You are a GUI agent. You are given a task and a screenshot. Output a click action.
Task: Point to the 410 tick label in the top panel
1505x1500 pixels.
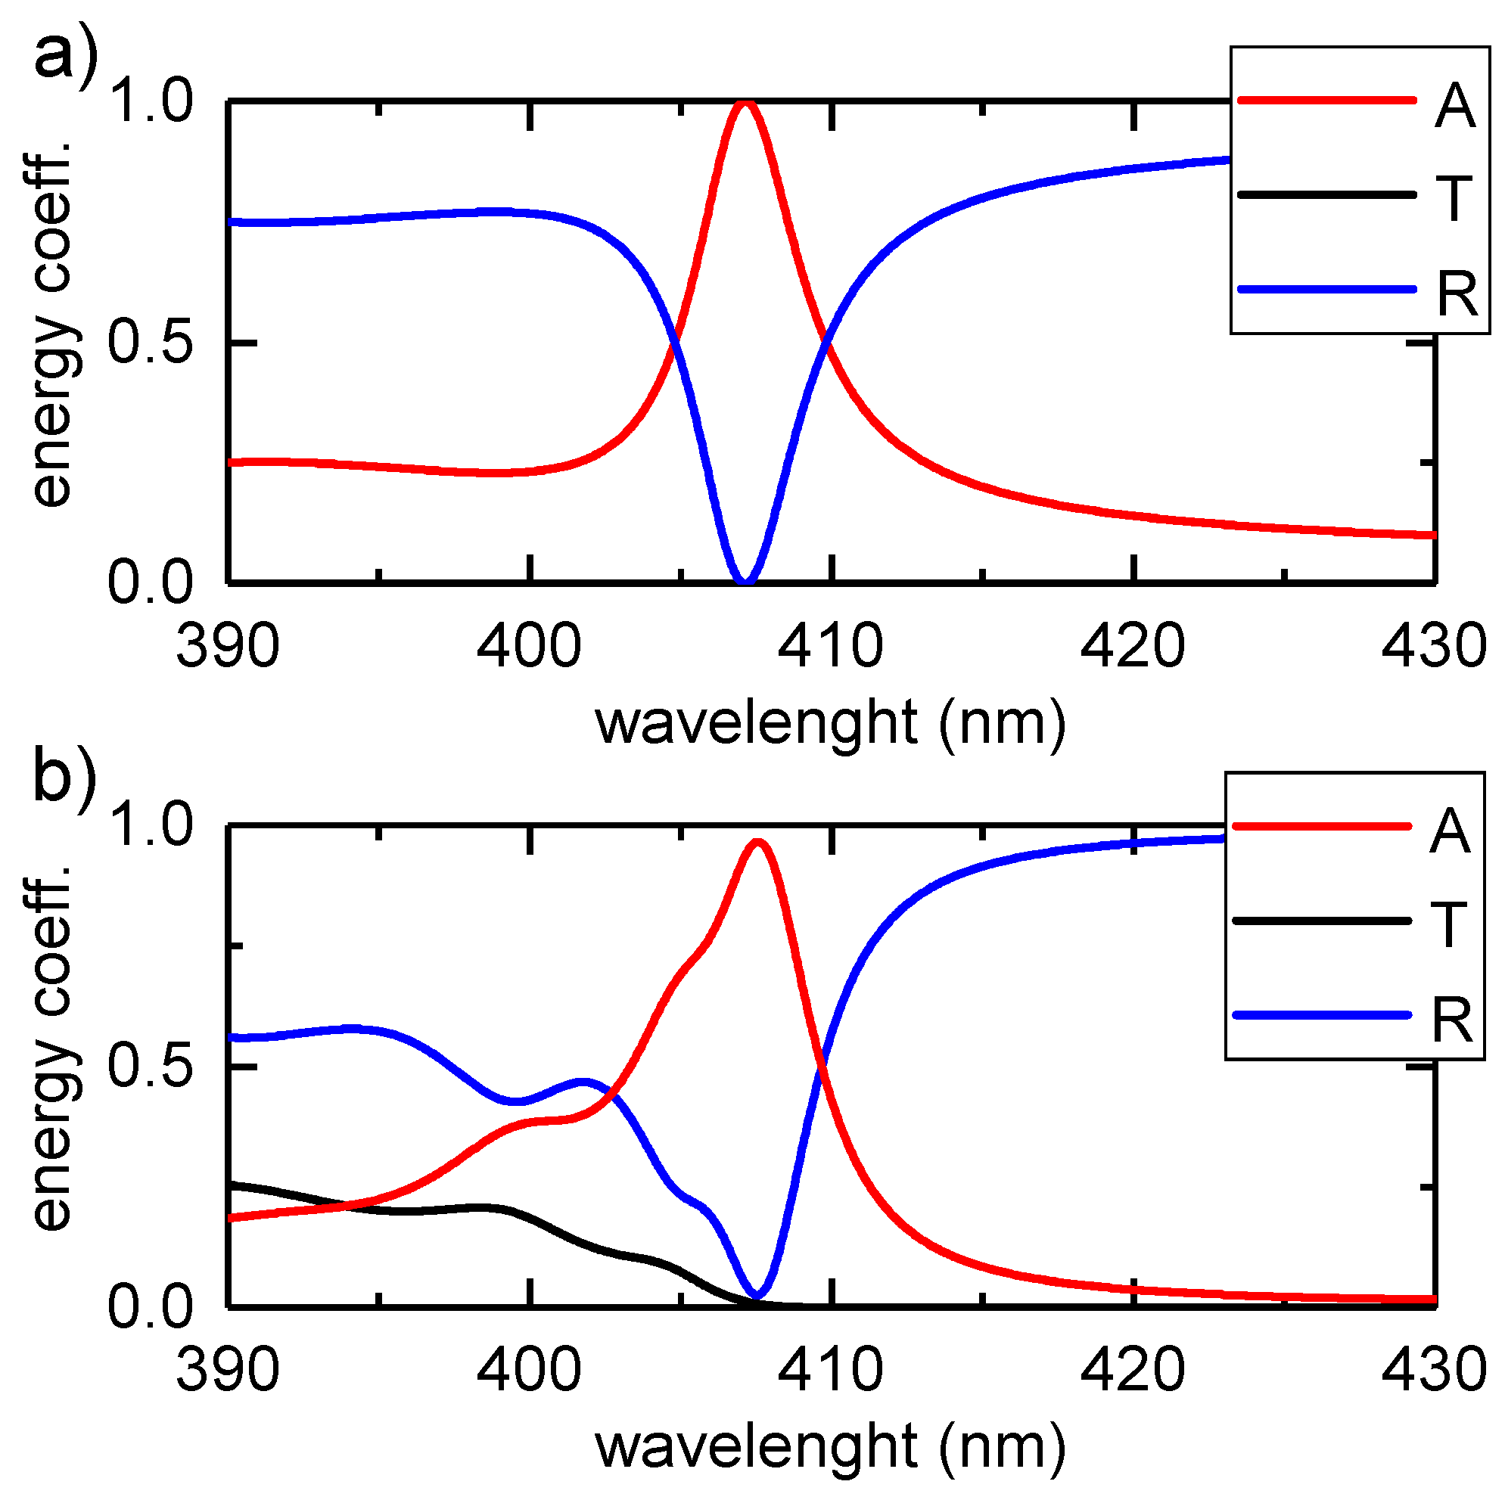830,647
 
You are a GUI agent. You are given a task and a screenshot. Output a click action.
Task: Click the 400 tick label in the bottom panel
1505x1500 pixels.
529,1370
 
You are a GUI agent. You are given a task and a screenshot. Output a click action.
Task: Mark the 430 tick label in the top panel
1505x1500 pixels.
1433,647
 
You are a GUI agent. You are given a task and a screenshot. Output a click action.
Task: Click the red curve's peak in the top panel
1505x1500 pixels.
745,103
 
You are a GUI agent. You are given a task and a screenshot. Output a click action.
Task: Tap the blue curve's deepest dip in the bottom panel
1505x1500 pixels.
756,1295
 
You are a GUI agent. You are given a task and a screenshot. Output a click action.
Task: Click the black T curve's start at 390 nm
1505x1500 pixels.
231,1185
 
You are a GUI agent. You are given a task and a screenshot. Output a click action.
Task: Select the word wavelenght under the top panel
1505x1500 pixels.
757,722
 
